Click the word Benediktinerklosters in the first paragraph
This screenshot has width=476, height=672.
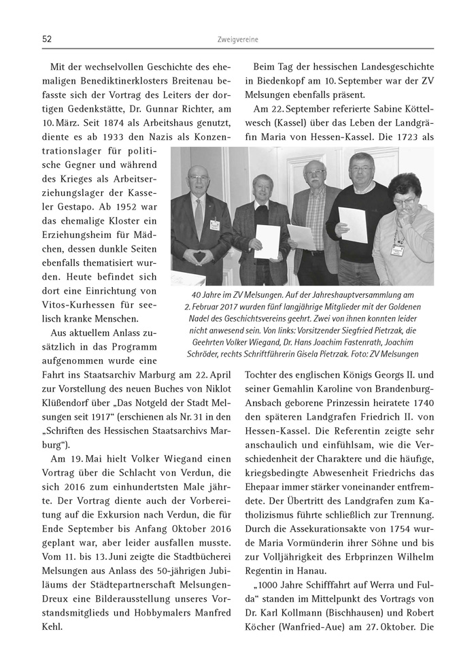pyautogui.click(x=116, y=85)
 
